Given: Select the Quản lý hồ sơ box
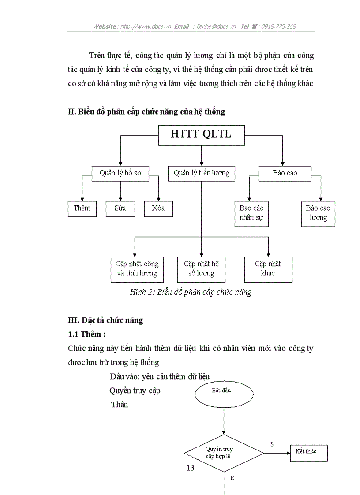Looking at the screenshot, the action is coord(120,173).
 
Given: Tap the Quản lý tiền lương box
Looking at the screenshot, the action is coord(201,173).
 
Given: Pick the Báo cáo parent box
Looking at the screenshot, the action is coord(285,173).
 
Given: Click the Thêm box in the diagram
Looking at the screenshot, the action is coord(82,208).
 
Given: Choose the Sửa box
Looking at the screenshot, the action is coord(120,208).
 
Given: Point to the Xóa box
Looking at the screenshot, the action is coord(158,208).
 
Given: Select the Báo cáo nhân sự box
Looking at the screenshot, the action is coord(251,213).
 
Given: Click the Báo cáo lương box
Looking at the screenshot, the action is coord(318,213).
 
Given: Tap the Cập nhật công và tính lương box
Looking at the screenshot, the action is coord(137,269).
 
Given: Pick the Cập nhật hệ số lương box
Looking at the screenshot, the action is coord(201,269).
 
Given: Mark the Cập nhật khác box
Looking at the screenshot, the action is coord(268,269).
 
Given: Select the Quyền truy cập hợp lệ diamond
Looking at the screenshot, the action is coord(224,453).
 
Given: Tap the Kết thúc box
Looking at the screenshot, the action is coord(308,452).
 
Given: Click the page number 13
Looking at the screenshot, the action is coord(190,468).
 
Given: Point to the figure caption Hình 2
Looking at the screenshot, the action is coord(191,292).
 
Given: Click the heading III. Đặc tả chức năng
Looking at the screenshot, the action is coord(105,320).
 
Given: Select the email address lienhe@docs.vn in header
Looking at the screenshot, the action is coord(216,26).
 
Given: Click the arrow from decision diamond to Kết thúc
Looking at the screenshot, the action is coord(277,453).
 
